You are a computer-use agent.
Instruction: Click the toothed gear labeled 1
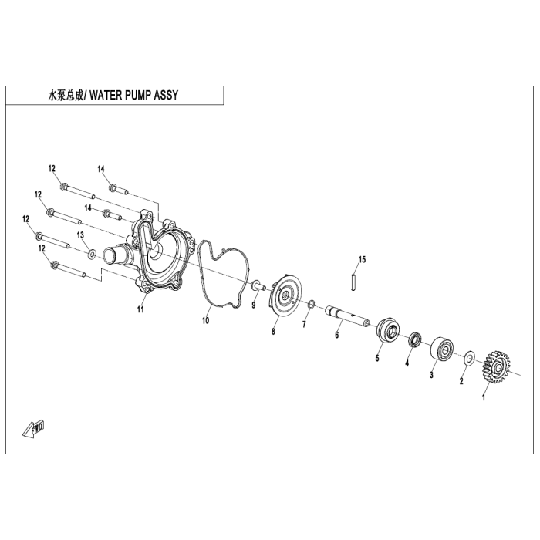[x=495, y=367]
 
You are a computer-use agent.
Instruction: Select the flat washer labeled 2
[x=469, y=358]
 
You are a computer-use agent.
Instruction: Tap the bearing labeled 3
[x=442, y=349]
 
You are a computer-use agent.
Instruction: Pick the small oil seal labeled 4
[x=415, y=339]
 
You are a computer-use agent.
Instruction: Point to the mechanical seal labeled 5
[x=389, y=331]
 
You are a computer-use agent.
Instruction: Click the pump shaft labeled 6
[x=347, y=315]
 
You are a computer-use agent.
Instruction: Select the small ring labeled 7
[x=309, y=305]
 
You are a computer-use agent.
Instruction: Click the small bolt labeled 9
[x=258, y=285]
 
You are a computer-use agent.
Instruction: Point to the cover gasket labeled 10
[x=222, y=274]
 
